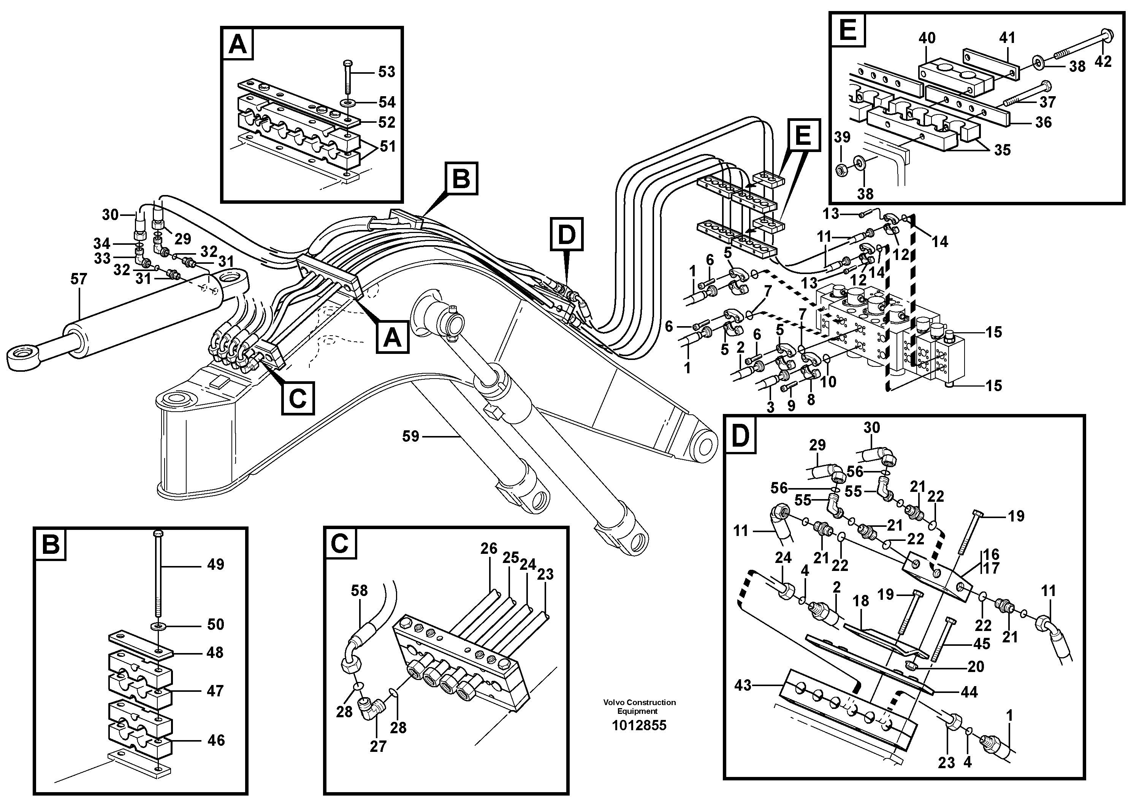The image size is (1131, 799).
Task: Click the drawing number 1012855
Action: [x=639, y=725]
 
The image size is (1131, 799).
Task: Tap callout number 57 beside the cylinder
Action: [x=79, y=279]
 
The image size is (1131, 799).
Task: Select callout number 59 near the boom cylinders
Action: [x=410, y=436]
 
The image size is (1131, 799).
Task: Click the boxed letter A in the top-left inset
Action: [x=238, y=45]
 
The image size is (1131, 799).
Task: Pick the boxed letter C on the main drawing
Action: [x=298, y=398]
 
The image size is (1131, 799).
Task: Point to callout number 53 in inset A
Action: [x=386, y=72]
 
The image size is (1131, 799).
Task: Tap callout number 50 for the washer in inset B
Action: [x=215, y=624]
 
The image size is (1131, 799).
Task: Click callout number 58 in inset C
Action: [x=359, y=591]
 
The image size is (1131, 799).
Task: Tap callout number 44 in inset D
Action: [x=969, y=692]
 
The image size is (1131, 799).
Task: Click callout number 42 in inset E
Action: [x=1103, y=62]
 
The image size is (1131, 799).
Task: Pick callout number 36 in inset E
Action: [x=1043, y=122]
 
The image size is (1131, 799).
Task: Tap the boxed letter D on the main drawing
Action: [x=567, y=234]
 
